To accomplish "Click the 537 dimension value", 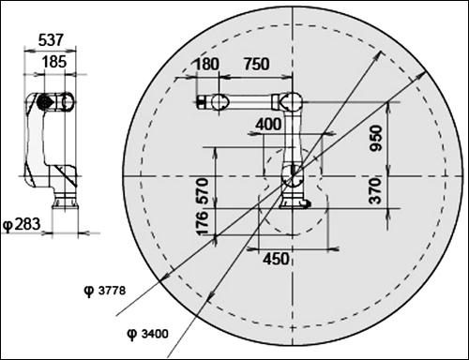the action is click(x=51, y=40).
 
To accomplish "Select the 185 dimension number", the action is click(x=54, y=62).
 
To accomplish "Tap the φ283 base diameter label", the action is click(x=22, y=224).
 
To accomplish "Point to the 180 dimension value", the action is click(x=206, y=64).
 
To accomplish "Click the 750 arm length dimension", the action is click(x=256, y=64).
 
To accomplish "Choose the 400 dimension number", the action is click(x=268, y=125).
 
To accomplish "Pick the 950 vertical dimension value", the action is click(x=376, y=139).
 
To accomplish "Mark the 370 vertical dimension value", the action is click(x=376, y=191).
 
